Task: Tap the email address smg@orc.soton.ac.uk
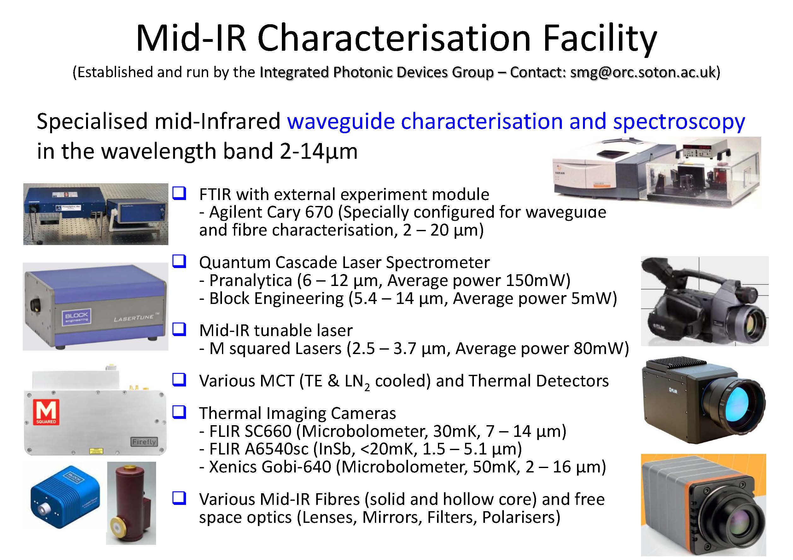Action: [643, 72]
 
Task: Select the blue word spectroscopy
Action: [679, 122]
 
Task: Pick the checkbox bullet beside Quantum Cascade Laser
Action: [179, 261]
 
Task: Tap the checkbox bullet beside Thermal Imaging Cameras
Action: [179, 412]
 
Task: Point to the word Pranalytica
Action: [251, 281]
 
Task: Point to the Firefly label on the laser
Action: [144, 442]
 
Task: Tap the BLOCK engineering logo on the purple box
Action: [77, 317]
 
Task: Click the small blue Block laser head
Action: [65, 497]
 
